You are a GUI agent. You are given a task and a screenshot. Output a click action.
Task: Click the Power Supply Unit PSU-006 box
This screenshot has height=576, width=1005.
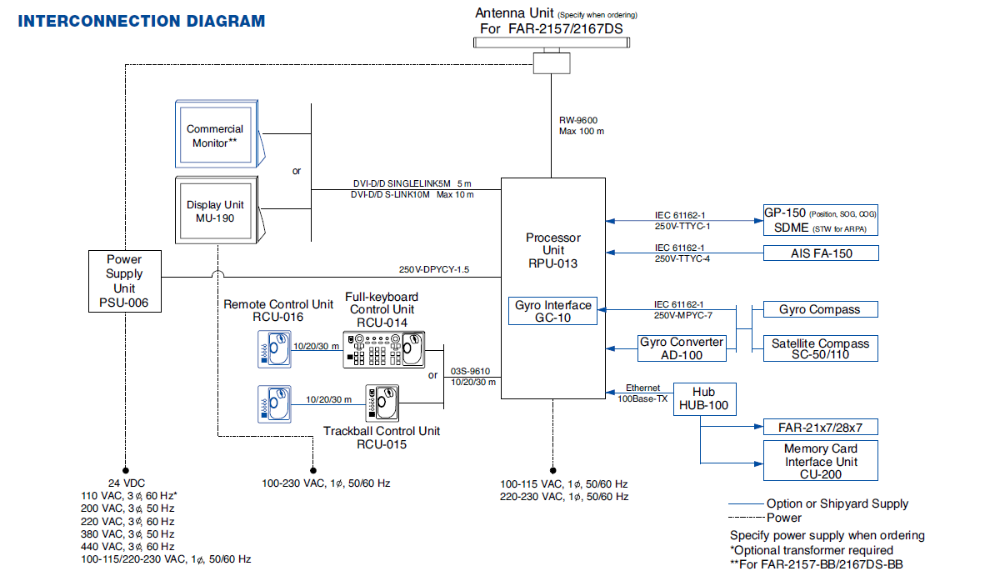125,282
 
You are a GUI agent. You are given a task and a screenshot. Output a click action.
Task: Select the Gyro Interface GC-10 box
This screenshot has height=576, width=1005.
552,311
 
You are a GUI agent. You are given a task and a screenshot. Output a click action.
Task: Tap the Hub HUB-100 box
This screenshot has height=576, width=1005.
704,399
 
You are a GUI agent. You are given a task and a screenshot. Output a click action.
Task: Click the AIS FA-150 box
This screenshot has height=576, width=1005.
821,253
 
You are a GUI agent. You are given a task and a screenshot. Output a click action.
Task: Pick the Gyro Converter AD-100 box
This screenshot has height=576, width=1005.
682,348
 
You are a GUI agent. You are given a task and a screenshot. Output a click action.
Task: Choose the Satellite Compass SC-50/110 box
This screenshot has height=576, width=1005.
821,348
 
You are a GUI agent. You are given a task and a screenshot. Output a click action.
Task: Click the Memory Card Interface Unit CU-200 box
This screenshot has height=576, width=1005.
821,461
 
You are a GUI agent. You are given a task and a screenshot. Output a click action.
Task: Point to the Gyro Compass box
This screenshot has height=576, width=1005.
821,309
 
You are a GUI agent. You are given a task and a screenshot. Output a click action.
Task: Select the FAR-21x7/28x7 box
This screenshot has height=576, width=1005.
821,427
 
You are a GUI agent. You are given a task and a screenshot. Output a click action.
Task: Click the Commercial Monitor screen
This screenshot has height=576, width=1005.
215,135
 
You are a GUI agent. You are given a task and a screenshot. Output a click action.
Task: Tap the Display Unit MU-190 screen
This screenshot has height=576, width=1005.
215,211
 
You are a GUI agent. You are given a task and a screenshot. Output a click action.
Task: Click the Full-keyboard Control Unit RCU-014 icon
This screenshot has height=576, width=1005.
384,350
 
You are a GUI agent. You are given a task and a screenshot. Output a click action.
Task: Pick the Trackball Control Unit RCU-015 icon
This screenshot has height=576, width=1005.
382,403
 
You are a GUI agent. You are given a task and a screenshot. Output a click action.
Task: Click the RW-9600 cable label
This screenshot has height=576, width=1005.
578,120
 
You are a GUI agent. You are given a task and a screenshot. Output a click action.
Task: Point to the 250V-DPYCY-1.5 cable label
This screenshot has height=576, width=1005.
434,269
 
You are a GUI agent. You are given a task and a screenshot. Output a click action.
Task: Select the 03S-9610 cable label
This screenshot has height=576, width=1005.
470,371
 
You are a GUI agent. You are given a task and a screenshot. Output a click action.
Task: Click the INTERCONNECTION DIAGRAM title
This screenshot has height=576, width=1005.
142,21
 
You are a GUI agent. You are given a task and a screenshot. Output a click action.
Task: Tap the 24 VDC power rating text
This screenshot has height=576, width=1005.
127,483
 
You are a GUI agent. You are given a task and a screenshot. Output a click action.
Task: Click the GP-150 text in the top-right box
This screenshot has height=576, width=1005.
785,213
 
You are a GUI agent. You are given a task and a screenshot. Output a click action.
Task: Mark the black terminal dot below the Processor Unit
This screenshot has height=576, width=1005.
552,470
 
